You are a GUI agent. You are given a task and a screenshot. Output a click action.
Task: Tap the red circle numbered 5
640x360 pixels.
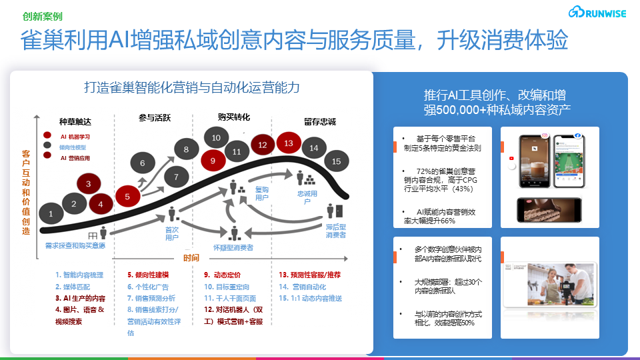127,196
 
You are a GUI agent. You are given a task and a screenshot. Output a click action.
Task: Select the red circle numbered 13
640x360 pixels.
289,143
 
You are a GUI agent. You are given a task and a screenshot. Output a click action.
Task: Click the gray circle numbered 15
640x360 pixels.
336,161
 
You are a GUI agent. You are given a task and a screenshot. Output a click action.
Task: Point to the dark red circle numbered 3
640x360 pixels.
88,183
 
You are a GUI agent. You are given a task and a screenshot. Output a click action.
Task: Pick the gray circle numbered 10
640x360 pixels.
217,138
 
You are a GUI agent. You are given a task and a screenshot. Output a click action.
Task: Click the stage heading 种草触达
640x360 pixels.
75,121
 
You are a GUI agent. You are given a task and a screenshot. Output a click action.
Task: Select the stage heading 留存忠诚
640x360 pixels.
319,121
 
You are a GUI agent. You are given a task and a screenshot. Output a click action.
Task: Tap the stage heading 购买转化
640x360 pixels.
234,117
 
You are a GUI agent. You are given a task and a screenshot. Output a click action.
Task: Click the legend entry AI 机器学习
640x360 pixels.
75,136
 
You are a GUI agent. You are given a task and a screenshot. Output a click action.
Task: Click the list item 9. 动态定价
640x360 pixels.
222,275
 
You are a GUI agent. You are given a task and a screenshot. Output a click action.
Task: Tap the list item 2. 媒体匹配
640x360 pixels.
73,287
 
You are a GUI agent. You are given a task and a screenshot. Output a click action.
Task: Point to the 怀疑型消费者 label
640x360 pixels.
233,247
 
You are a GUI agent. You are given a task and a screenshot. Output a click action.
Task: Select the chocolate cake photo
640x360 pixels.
548,209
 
